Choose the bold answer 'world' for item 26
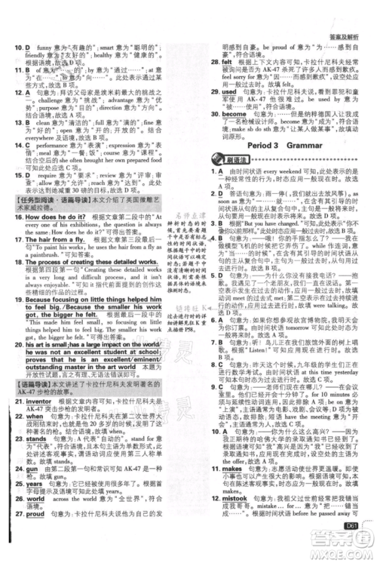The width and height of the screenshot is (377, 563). (36, 520)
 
